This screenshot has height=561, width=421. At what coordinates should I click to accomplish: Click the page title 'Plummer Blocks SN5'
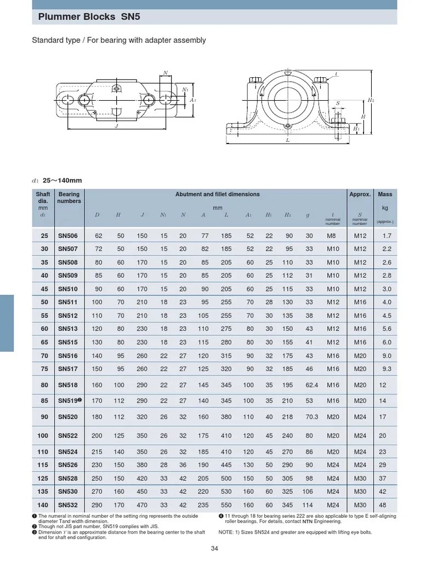pyautogui.click(x=89, y=17)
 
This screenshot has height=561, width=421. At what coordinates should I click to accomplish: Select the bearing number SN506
pyautogui.click(x=69, y=236)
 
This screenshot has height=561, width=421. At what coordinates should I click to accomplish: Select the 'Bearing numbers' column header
pyautogui.click(x=69, y=197)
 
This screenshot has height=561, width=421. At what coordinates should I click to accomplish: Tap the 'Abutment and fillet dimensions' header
pyautogui.click(x=218, y=194)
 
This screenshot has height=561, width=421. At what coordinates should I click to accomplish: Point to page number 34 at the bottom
pyautogui.click(x=214, y=549)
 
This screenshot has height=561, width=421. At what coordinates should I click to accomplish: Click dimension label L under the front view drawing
pyautogui.click(x=287, y=140)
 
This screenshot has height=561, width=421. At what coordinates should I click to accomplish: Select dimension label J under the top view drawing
pyautogui.click(x=117, y=126)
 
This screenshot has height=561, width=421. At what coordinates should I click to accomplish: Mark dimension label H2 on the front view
pyautogui.click(x=371, y=100)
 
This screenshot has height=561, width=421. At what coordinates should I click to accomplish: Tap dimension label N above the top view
pyautogui.click(x=164, y=72)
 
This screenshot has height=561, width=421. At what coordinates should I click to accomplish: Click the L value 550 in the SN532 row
pyautogui.click(x=226, y=505)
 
